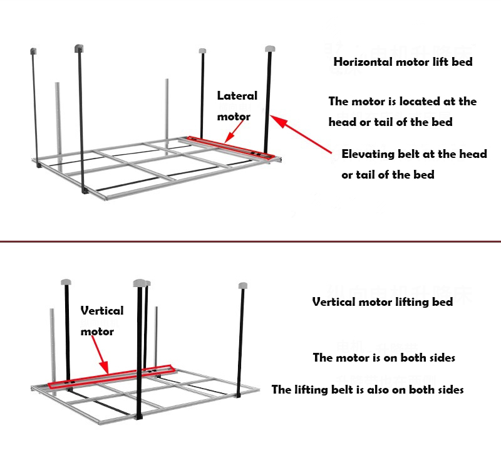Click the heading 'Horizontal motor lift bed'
403,62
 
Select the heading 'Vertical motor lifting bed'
382,302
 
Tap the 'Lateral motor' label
237,106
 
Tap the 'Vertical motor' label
101,320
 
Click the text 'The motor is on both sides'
384,358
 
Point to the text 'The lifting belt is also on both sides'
368,390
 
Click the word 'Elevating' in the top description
367,154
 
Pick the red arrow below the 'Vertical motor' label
101,354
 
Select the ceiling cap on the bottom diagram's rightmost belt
243,286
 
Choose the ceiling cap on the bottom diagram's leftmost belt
66,281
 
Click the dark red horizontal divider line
250,241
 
